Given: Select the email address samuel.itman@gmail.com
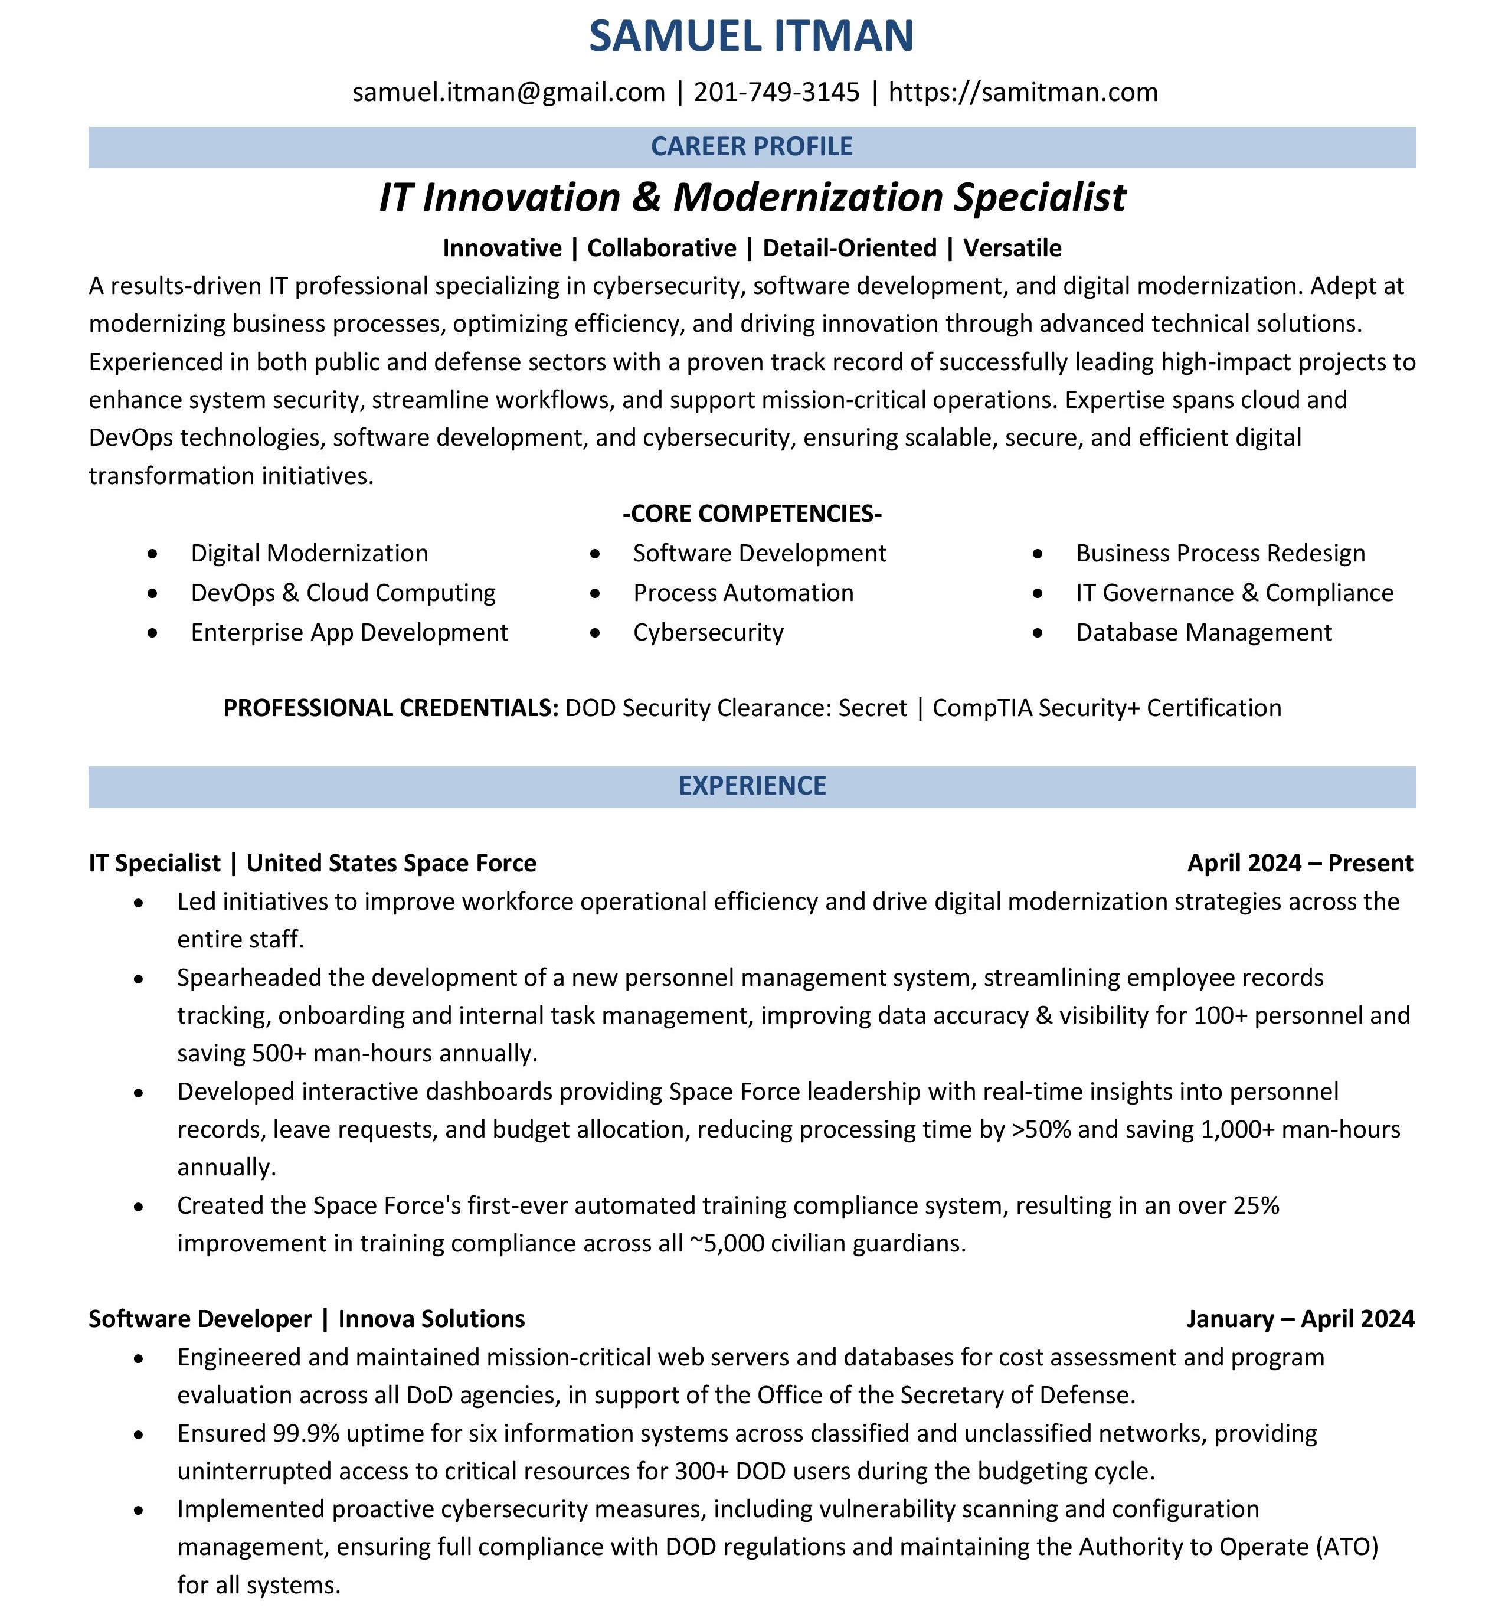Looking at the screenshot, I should click(509, 92).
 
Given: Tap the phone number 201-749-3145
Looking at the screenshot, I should click(777, 92).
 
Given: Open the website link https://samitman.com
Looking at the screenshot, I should click(1023, 92).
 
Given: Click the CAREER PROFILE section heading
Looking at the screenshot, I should click(752, 146).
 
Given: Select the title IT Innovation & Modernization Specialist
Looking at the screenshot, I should click(752, 198).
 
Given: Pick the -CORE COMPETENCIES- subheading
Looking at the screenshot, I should click(752, 514).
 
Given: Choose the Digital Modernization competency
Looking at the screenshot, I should click(309, 554).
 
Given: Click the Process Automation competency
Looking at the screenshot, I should click(743, 593).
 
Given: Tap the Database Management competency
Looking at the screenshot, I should click(1203, 633).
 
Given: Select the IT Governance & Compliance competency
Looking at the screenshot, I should click(1235, 593).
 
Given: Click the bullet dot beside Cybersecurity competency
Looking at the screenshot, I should click(596, 633).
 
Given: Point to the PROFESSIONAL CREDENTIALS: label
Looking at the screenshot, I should click(391, 708).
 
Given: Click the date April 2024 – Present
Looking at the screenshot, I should click(1300, 863).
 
